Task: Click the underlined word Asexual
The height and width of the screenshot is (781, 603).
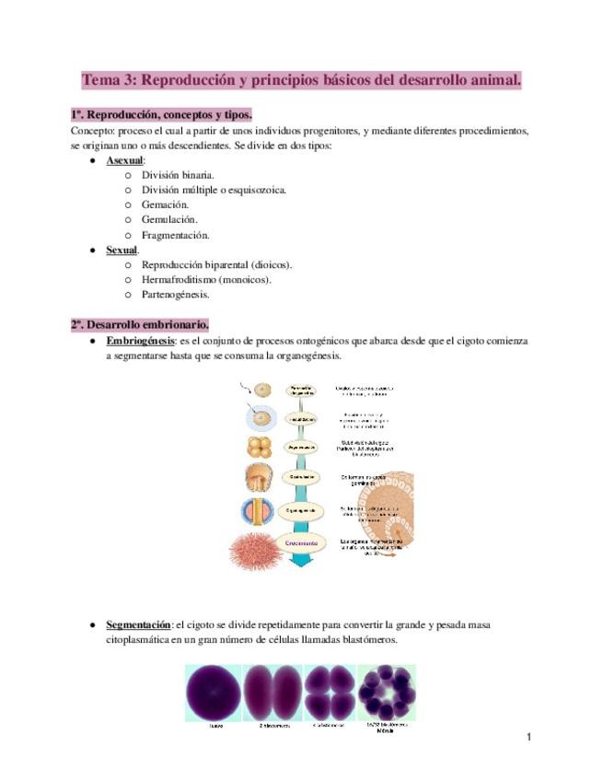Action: click(124, 160)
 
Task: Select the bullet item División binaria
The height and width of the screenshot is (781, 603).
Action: click(179, 175)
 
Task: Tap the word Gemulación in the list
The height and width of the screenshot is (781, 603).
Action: click(169, 219)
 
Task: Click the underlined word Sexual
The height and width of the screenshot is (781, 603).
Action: click(122, 250)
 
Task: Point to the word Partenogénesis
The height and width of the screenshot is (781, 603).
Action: click(176, 295)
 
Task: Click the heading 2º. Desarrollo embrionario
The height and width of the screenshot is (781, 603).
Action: click(140, 324)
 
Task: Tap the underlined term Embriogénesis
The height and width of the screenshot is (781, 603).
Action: click(140, 341)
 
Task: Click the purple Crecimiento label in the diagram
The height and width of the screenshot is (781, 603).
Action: click(301, 543)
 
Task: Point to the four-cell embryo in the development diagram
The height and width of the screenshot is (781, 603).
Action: click(258, 449)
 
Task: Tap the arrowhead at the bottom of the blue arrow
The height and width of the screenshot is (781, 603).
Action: click(301, 564)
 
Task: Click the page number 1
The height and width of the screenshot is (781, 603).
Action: click(530, 737)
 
